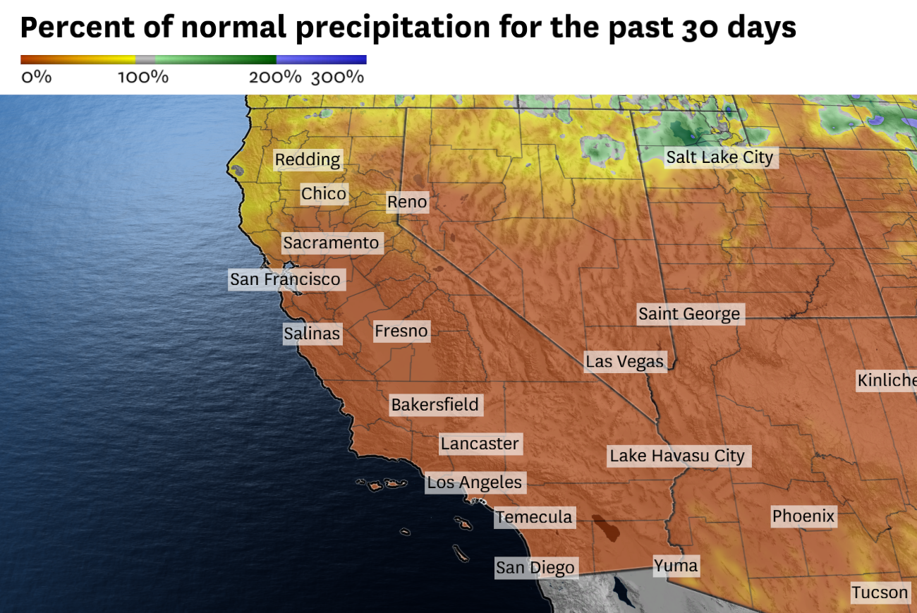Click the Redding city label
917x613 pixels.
point(308,159)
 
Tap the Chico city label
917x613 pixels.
point(324,193)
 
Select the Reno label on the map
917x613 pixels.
point(407,202)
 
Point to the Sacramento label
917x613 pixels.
point(332,243)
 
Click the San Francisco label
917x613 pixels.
point(286,279)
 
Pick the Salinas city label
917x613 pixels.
point(312,333)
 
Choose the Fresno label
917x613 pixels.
point(401,331)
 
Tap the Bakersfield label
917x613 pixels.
point(435,405)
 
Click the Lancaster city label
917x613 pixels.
point(480,444)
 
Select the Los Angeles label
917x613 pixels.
point(475,482)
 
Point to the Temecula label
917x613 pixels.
point(534,517)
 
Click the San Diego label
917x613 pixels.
point(535,567)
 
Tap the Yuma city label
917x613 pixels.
point(675,565)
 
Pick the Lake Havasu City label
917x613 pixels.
point(677,456)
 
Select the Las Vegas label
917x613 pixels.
point(625,362)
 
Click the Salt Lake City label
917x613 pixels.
point(719,157)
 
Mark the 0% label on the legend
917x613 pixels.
point(36,77)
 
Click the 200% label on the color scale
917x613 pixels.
point(274,77)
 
